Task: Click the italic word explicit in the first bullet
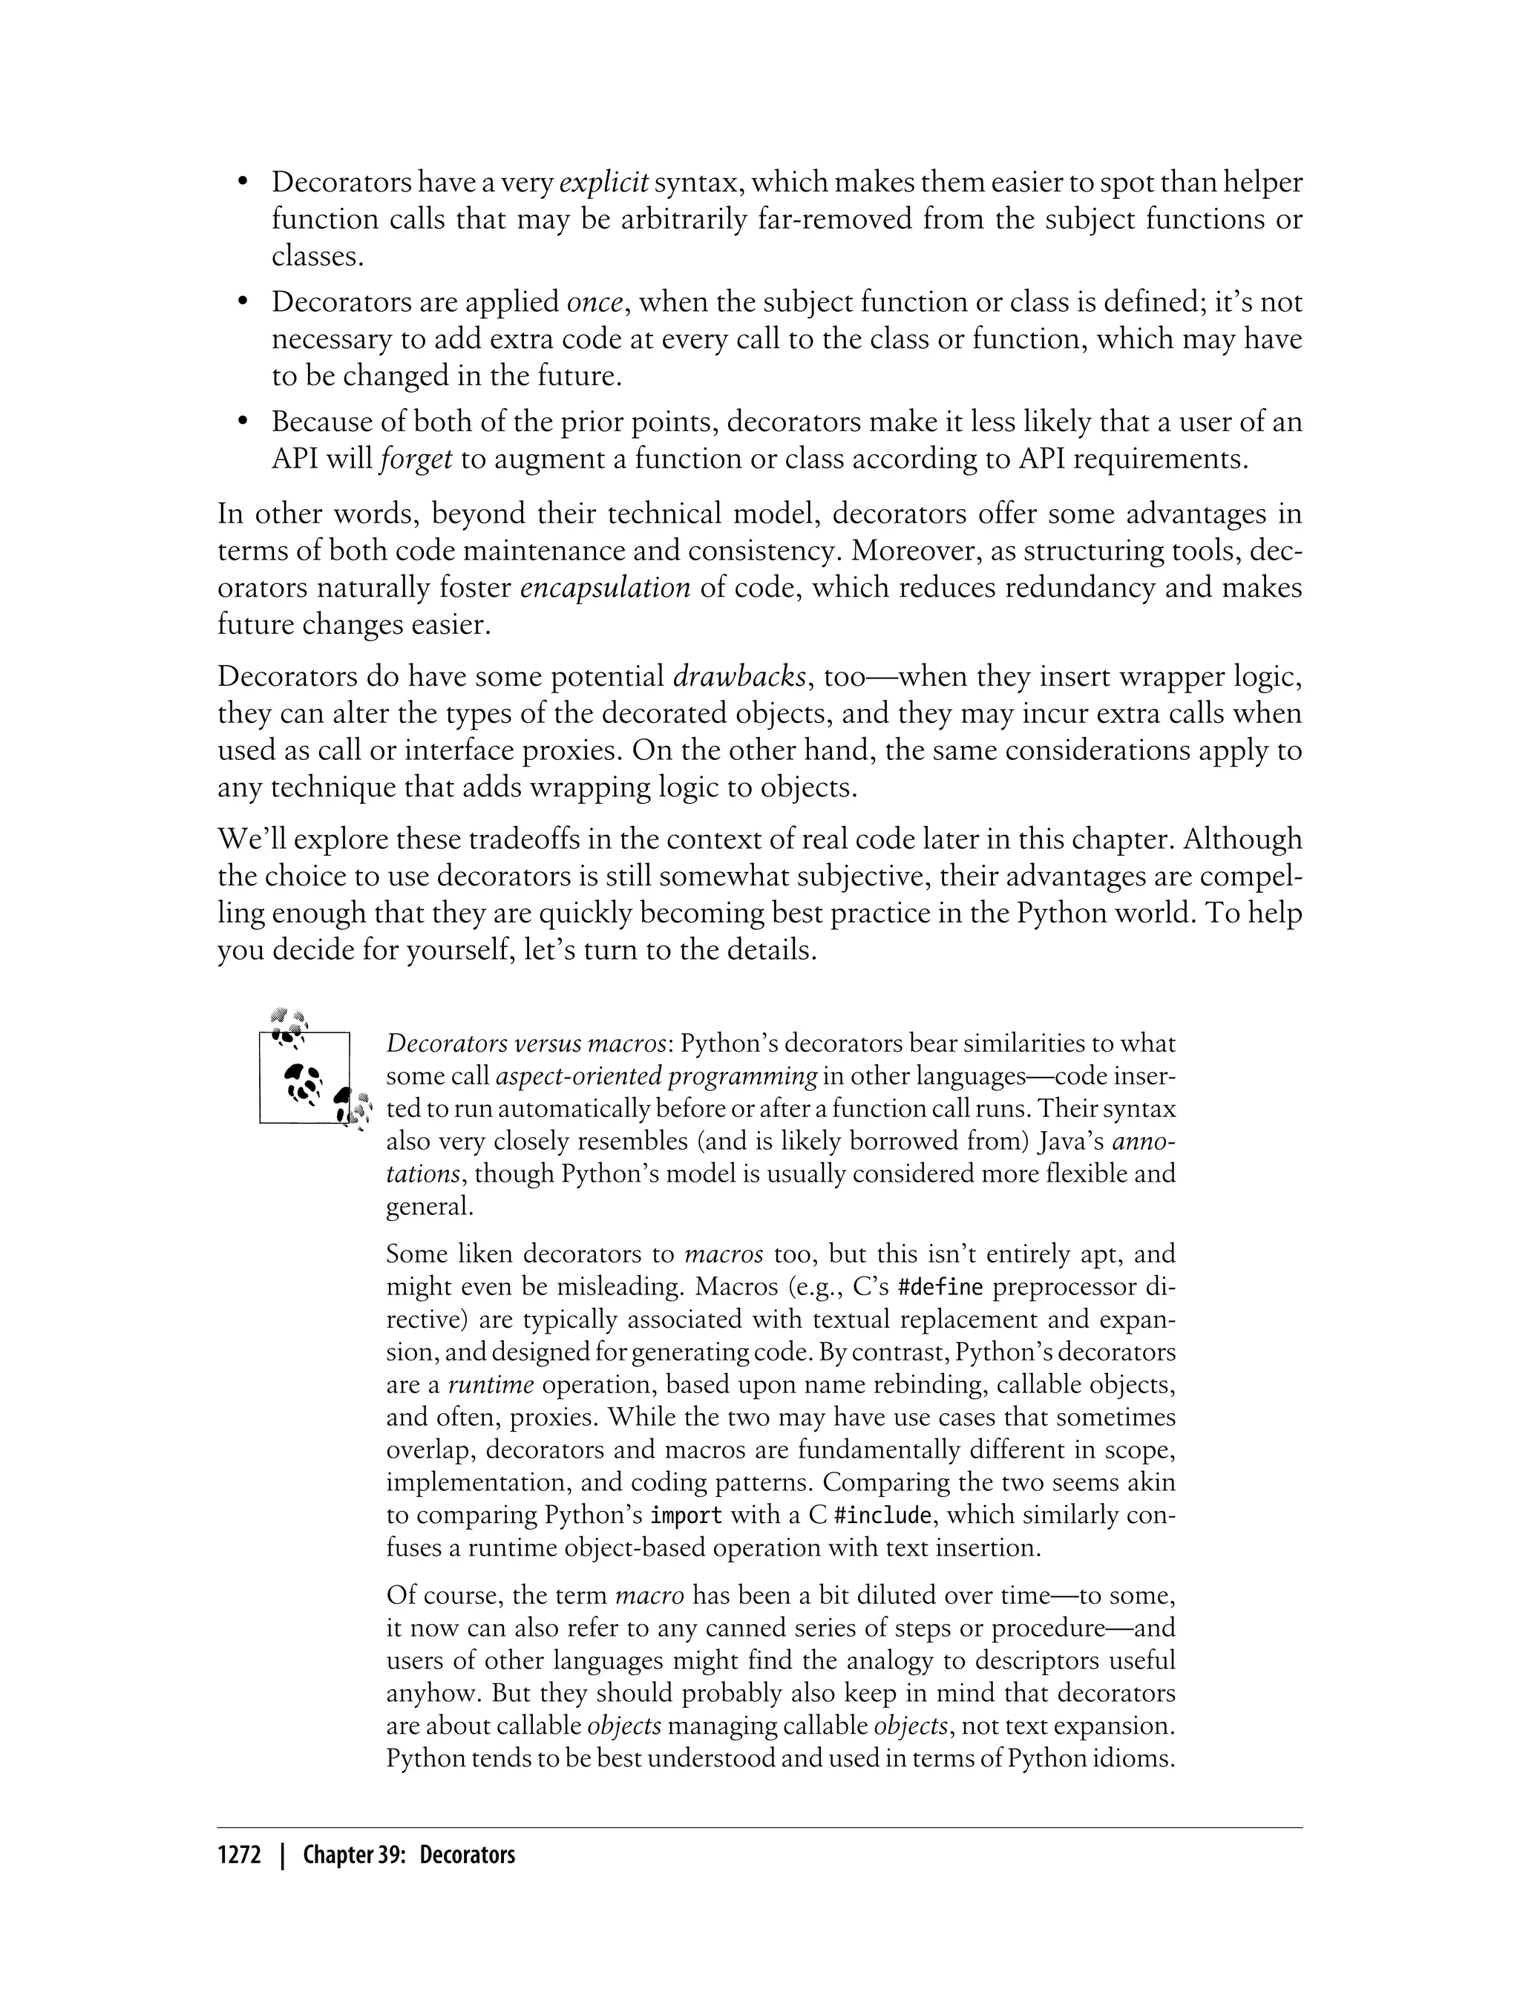click(x=603, y=183)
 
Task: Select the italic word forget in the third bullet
click(x=416, y=459)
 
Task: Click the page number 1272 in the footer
click(x=238, y=1855)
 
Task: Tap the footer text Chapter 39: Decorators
click(x=409, y=1855)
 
